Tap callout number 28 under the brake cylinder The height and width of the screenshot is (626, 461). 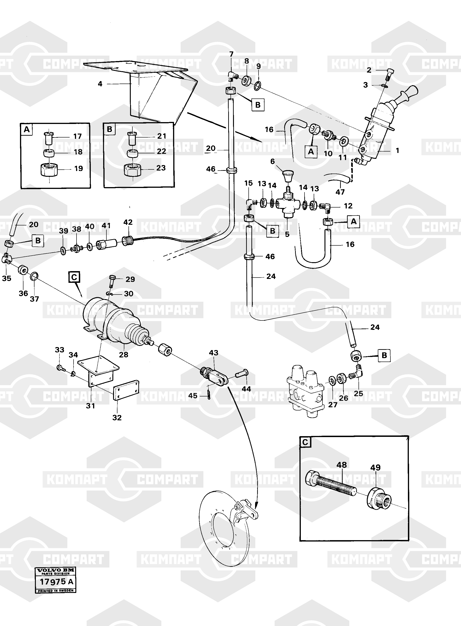[x=124, y=354]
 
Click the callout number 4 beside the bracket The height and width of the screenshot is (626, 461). [x=100, y=84]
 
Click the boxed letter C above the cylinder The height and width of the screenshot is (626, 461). [x=74, y=278]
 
